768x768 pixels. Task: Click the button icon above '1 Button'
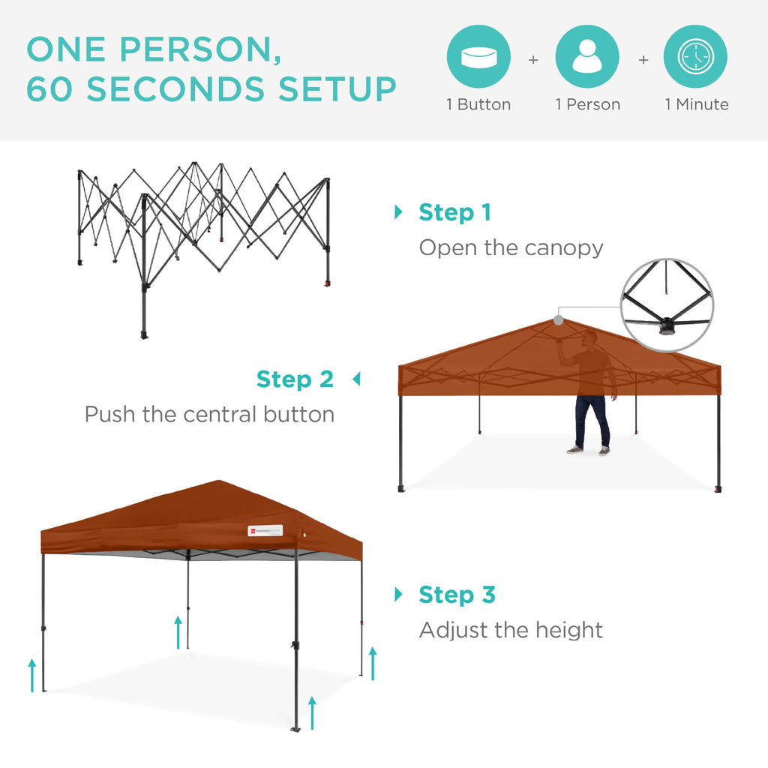pyautogui.click(x=478, y=57)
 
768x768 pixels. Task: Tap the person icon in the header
pyautogui.click(x=587, y=57)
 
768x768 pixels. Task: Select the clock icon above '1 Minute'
pyautogui.click(x=695, y=57)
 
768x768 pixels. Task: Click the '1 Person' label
pyautogui.click(x=588, y=105)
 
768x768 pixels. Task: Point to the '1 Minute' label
pyautogui.click(x=697, y=105)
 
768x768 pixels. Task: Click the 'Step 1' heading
pyautogui.click(x=454, y=212)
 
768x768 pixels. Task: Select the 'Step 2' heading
pyautogui.click(x=295, y=379)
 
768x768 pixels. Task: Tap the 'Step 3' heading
pyautogui.click(x=457, y=595)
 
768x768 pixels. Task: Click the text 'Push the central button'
pyautogui.click(x=209, y=414)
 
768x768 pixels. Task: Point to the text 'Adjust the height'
pyautogui.click(x=511, y=630)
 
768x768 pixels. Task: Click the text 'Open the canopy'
pyautogui.click(x=511, y=247)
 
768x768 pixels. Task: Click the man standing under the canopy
pyautogui.click(x=591, y=394)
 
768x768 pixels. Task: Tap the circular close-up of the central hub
pyautogui.click(x=667, y=304)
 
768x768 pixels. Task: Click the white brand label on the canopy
pyautogui.click(x=265, y=531)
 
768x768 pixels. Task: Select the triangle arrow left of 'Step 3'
pyautogui.click(x=398, y=595)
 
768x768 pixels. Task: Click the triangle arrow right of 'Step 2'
pyautogui.click(x=356, y=379)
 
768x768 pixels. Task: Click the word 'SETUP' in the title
pyautogui.click(x=337, y=89)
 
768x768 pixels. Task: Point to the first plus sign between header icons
pyautogui.click(x=533, y=59)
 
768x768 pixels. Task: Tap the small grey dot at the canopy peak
pyautogui.click(x=559, y=319)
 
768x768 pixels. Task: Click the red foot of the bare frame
pyautogui.click(x=326, y=284)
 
